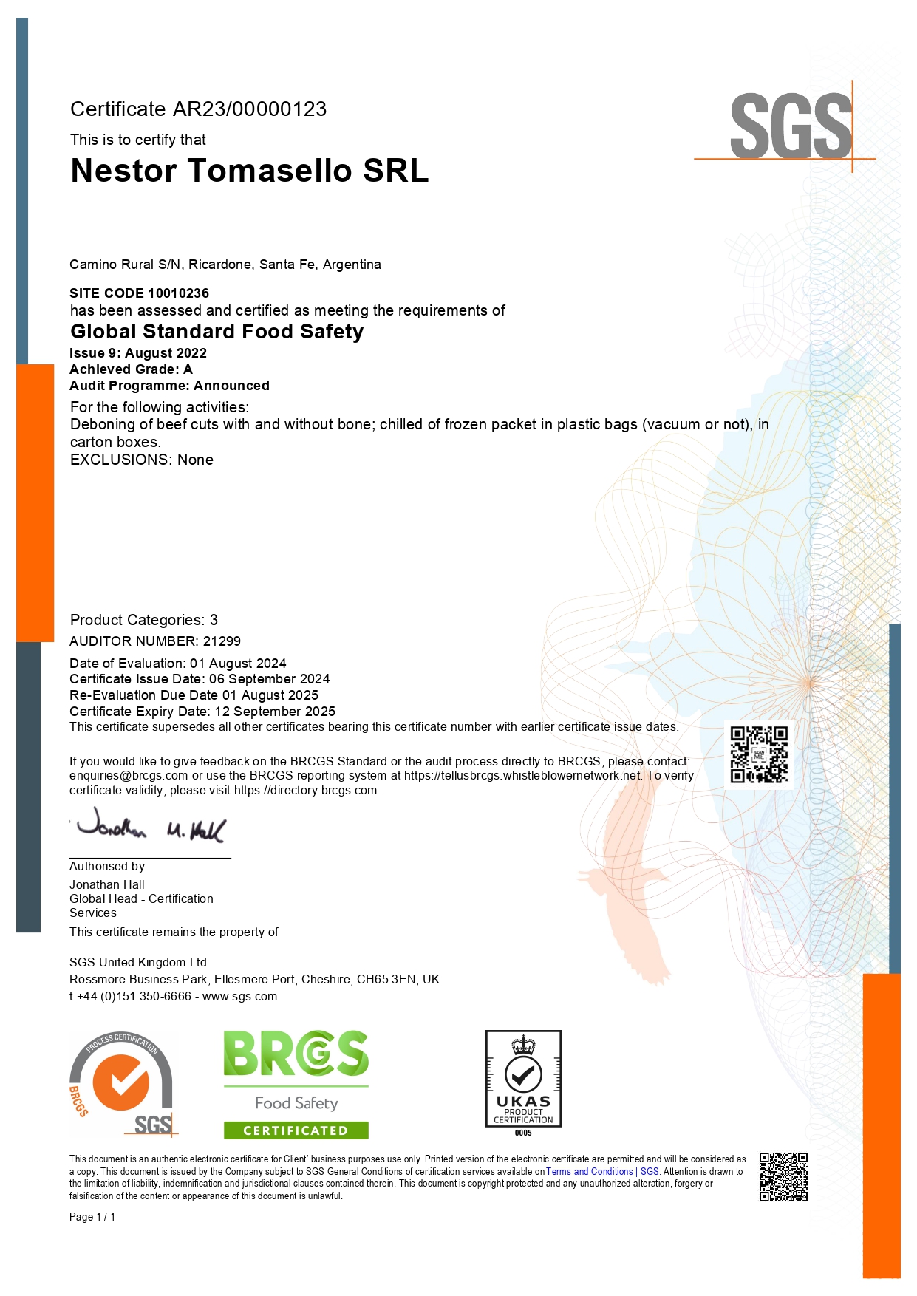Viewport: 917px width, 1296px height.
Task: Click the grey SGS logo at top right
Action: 791,126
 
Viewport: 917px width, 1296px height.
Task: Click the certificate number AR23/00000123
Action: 250,109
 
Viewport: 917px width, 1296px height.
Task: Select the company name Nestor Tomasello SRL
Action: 250,171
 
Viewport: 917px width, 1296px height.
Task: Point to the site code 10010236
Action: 178,293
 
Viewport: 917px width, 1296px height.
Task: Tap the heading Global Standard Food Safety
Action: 217,332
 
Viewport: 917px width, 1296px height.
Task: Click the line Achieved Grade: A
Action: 131,369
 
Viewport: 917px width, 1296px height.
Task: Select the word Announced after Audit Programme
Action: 231,386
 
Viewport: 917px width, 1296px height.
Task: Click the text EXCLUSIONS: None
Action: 142,460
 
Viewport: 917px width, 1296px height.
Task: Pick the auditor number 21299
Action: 222,641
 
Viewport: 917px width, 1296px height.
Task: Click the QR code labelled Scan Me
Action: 759,754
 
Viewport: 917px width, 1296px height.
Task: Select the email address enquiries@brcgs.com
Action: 129,776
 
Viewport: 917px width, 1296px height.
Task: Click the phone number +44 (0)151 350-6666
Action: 134,997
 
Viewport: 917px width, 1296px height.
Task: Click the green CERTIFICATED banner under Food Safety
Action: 296,1130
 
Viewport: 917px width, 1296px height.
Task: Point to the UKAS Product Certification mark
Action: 523,1080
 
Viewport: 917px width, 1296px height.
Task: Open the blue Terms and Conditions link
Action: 589,1172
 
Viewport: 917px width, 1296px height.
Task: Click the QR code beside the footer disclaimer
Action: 783,1177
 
